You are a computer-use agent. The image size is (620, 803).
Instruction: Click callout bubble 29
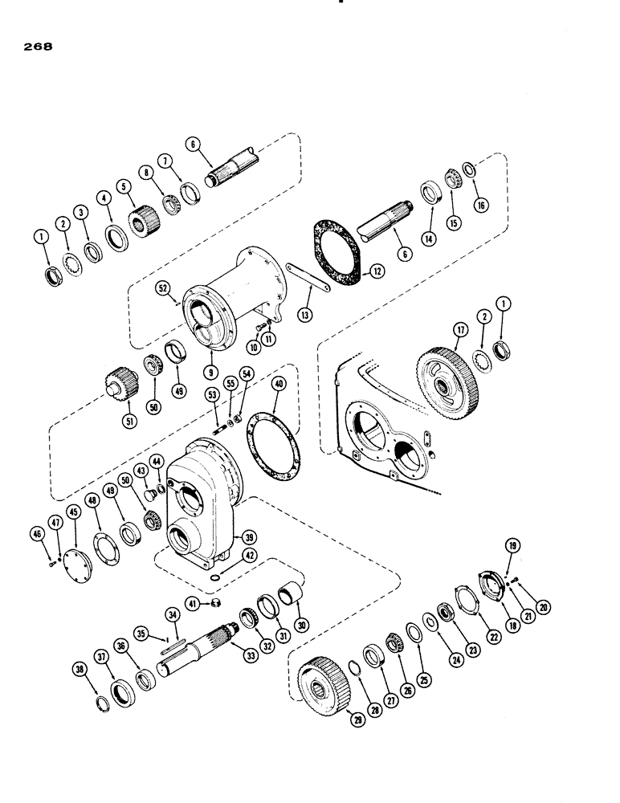click(x=357, y=720)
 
